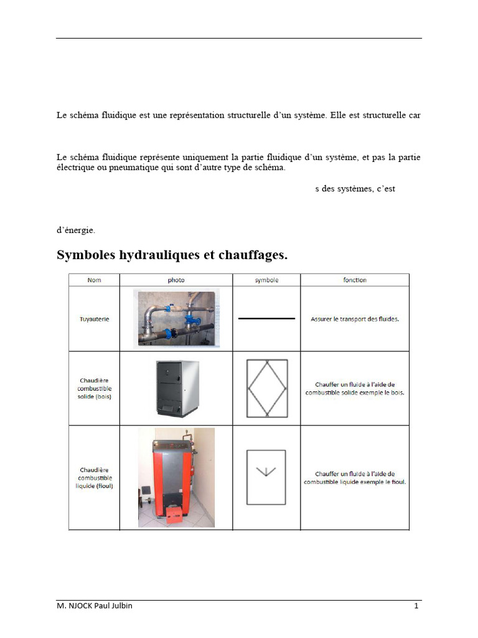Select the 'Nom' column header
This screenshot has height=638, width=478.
pyautogui.click(x=95, y=280)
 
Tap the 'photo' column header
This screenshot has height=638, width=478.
pyautogui.click(x=176, y=280)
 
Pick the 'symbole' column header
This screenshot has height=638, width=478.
pyautogui.click(x=266, y=280)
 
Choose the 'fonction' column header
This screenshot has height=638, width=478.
pyautogui.click(x=355, y=280)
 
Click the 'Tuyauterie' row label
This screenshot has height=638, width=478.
pyautogui.click(x=95, y=319)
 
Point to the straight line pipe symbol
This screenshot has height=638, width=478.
pyautogui.click(x=266, y=318)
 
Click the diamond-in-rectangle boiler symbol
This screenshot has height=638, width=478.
pyautogui.click(x=266, y=388)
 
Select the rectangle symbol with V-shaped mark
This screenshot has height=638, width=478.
pyautogui.click(x=266, y=477)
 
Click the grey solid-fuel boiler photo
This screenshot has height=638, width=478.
pyautogui.click(x=176, y=388)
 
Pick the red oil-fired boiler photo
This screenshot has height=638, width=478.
pyautogui.click(x=176, y=477)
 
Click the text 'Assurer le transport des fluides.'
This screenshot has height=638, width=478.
pyautogui.click(x=355, y=319)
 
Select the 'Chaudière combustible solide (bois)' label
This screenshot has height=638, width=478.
pyautogui.click(x=95, y=388)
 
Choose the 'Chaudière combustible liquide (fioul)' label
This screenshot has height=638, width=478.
pyautogui.click(x=95, y=477)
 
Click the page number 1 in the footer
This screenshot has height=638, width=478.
pyautogui.click(x=416, y=606)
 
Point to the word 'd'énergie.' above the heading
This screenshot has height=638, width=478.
pyautogui.click(x=76, y=230)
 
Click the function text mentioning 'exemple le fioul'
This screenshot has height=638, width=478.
pyautogui.click(x=355, y=478)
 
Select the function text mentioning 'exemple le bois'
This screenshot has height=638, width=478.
pyautogui.click(x=355, y=389)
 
